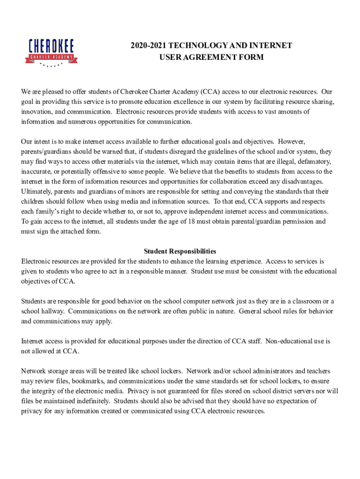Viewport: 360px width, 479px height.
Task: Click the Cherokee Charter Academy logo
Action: (x=51, y=51)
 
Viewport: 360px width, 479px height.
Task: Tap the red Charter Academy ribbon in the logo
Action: (x=51, y=58)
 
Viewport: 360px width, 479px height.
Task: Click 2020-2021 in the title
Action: (x=147, y=45)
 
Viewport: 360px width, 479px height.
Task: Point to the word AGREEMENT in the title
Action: (x=208, y=57)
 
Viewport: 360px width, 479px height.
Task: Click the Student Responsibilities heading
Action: (x=180, y=251)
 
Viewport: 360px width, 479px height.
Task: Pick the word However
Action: (x=292, y=141)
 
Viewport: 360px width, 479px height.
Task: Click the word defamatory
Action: (x=314, y=161)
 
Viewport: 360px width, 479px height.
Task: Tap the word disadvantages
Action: (x=303, y=181)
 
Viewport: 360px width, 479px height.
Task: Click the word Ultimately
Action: (x=37, y=191)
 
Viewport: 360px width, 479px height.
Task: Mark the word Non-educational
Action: (x=290, y=341)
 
